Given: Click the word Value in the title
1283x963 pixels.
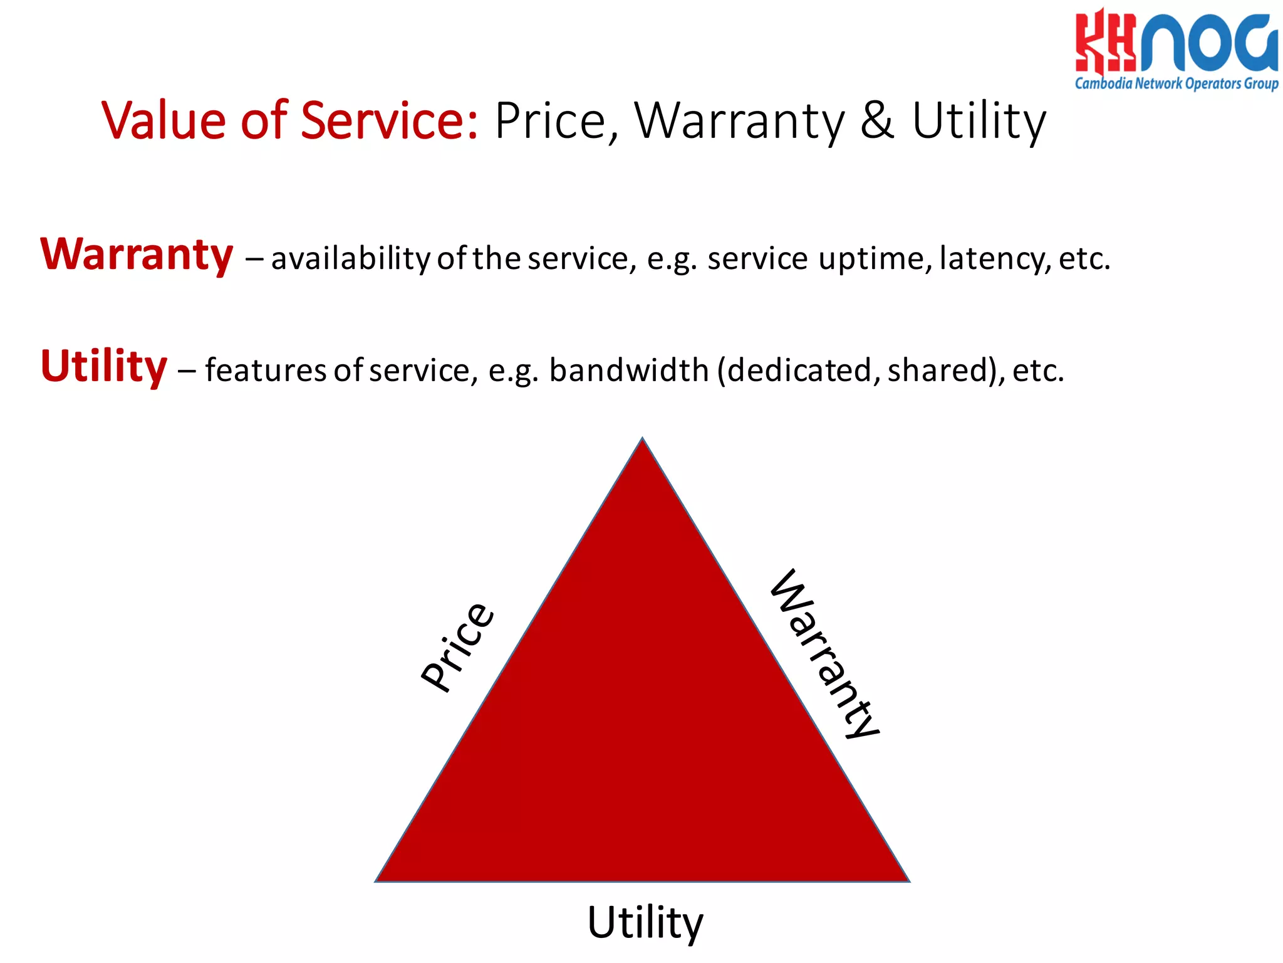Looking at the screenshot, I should tap(164, 120).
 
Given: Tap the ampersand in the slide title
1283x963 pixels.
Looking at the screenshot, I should tap(877, 120).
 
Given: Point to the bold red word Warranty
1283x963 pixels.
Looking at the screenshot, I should tap(137, 256).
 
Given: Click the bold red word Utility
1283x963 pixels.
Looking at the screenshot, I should tap(104, 367).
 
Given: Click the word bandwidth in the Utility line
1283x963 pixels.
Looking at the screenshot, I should tap(629, 371).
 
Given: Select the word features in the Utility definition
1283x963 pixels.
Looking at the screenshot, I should tap(266, 371).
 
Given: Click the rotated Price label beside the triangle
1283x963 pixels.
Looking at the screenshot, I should tap(458, 647).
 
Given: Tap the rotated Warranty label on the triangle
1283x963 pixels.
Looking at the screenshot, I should tap(824, 654).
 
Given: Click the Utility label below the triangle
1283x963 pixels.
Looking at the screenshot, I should tap(645, 923).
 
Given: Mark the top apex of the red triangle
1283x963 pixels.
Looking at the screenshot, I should tap(642, 441).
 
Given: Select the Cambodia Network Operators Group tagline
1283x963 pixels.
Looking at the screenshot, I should tap(1177, 83).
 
